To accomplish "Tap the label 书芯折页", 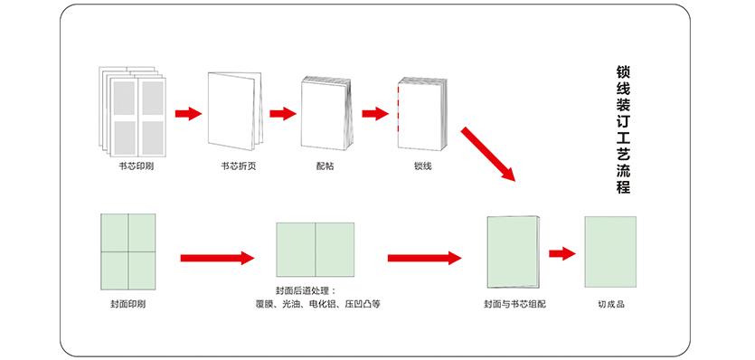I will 238,166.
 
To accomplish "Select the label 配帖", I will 325,166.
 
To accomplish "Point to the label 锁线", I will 422,166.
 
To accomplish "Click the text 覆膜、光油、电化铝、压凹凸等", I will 317,305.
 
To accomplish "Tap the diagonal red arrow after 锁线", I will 488,155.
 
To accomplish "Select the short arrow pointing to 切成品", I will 562,253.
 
